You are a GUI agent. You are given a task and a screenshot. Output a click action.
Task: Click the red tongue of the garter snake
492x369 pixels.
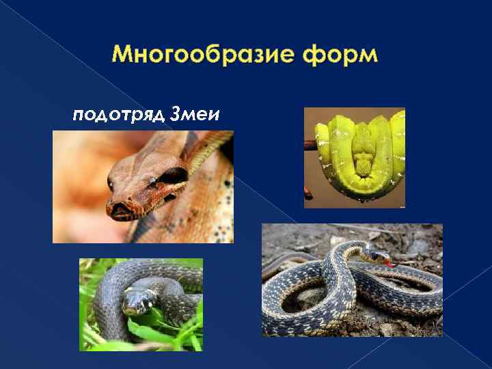[x=390, y=264]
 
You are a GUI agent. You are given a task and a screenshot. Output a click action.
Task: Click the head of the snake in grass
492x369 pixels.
[x=137, y=301]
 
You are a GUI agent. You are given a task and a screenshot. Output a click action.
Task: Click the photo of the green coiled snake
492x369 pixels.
[x=355, y=157]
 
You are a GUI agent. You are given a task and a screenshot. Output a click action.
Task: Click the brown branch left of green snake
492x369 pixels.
[x=310, y=144]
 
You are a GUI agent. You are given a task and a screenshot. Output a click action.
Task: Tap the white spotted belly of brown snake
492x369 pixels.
[x=219, y=219]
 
